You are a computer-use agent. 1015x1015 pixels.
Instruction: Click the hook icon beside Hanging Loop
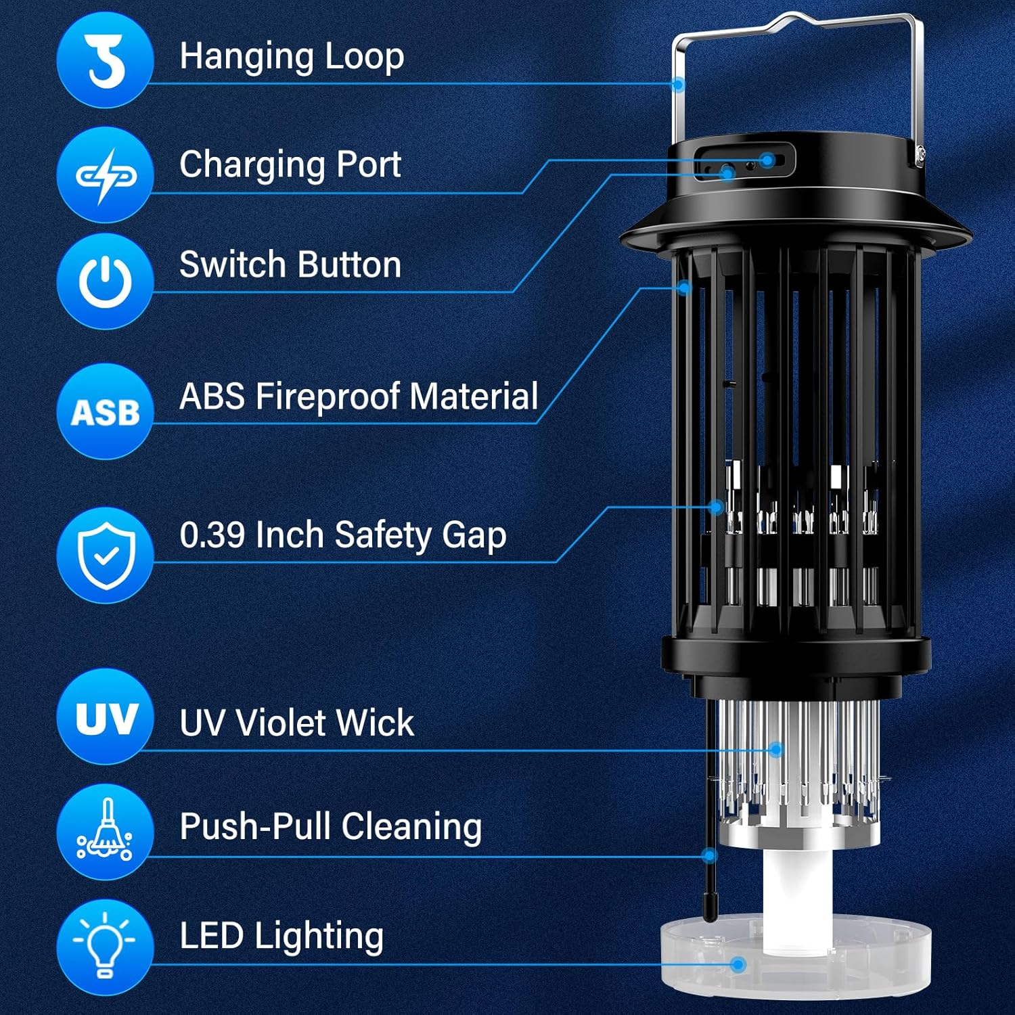click(105, 60)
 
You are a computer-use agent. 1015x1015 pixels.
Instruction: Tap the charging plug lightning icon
click(105, 175)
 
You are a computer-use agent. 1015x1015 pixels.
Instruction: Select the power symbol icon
click(105, 281)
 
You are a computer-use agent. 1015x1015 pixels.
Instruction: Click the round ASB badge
click(105, 411)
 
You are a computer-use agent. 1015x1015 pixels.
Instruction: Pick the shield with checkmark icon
click(105, 555)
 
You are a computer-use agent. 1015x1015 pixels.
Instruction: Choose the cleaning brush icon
click(105, 831)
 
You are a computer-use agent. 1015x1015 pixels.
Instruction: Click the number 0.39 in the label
click(212, 535)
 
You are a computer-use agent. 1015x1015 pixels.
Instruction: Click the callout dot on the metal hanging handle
click(678, 85)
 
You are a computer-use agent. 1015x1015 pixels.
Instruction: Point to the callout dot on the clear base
click(738, 964)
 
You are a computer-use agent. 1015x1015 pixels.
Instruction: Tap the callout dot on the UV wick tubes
click(776, 749)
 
